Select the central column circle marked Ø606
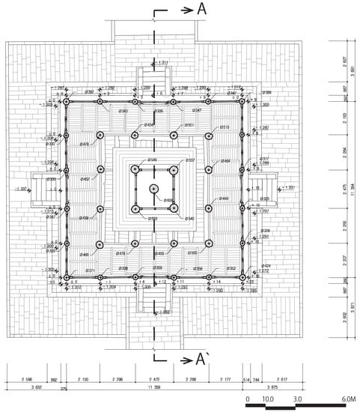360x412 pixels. coord(153,190)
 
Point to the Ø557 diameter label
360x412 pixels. coord(189,160)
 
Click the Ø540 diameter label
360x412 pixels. coord(189,219)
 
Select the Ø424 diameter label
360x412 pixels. coord(266,266)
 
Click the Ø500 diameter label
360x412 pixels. coord(192,254)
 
